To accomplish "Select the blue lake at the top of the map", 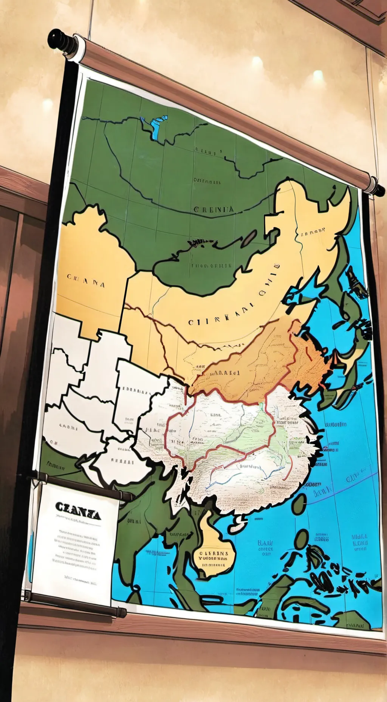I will pos(155,126).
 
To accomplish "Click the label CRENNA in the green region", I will pos(214,209).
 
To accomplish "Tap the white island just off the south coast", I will pos(238,526).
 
